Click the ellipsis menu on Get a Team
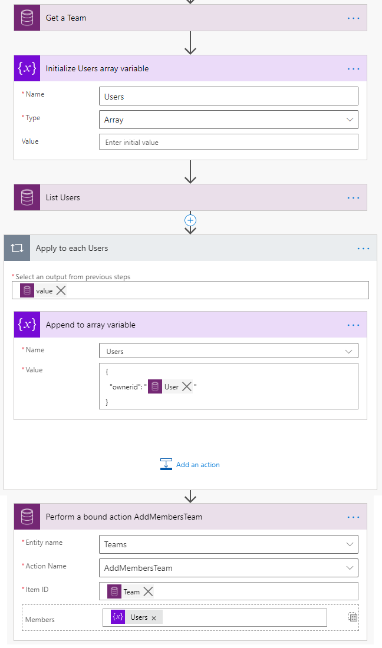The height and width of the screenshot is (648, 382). pos(353,18)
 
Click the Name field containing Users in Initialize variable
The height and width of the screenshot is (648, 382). pos(228,96)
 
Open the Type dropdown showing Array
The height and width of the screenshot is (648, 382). pos(228,120)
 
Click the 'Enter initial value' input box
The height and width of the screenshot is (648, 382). pos(228,142)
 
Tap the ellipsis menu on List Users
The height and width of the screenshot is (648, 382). pos(353,198)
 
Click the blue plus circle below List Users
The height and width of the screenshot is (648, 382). pos(190,220)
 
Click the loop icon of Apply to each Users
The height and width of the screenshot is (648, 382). pos(17,249)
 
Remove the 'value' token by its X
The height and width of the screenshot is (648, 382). pos(61,290)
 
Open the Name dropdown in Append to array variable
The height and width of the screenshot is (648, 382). pos(228,351)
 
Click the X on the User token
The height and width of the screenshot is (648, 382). pos(187,386)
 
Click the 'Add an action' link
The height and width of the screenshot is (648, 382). pos(190,465)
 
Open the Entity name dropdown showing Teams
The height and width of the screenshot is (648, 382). pos(228,544)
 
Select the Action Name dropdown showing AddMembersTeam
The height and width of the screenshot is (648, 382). pos(228,568)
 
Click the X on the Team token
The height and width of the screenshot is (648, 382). pos(148,591)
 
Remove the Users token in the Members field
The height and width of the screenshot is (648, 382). pos(154,617)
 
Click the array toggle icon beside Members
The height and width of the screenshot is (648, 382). pos(353,617)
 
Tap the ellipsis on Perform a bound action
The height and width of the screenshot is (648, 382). pos(353,517)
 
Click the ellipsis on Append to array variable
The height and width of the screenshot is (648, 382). pos(353,325)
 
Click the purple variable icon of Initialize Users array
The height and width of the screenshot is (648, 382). pos(27,68)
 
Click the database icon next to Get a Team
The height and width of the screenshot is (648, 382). pos(27,18)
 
